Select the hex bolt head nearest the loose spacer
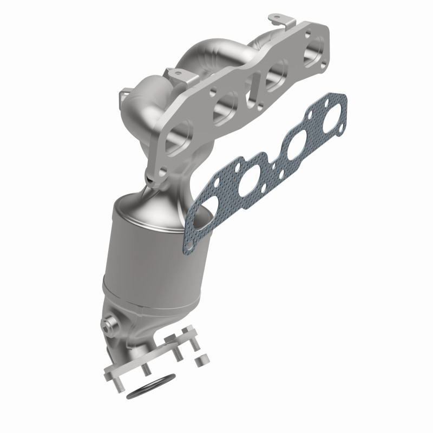coord(188,331)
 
